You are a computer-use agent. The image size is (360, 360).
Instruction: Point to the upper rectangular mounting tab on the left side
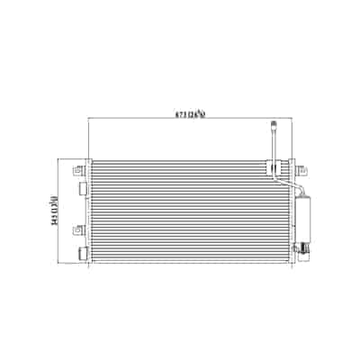[82, 188]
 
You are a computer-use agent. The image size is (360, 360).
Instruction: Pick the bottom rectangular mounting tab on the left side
[83, 254]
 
